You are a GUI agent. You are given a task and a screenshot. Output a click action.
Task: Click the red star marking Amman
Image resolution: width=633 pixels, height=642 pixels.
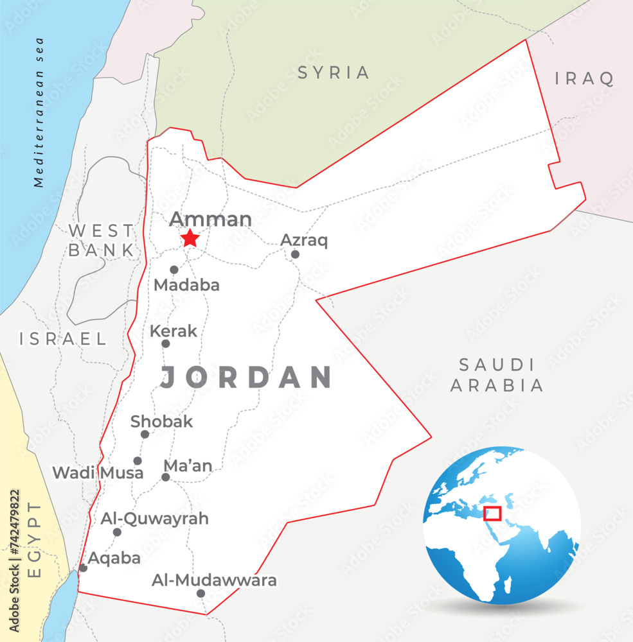click(x=190, y=239)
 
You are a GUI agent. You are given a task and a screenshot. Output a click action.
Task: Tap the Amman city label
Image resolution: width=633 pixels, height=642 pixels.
click(x=210, y=220)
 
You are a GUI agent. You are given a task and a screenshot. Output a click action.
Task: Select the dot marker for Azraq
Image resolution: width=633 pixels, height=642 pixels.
click(x=295, y=254)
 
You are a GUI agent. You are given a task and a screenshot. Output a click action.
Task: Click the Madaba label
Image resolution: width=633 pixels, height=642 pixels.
click(x=186, y=285)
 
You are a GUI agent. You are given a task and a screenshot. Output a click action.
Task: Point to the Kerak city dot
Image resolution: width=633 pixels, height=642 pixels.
click(x=165, y=343)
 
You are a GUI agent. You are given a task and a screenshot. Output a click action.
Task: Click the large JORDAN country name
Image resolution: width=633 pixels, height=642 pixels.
click(x=246, y=377)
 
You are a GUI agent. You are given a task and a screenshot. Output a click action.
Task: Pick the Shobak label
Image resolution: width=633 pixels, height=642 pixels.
click(x=161, y=422)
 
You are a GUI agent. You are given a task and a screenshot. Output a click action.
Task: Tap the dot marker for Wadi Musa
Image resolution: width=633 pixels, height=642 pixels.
click(x=138, y=460)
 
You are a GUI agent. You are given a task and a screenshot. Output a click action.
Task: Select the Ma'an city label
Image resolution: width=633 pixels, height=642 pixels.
click(x=188, y=466)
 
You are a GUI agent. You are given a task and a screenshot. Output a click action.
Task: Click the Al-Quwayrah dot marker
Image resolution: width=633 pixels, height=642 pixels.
click(x=117, y=532)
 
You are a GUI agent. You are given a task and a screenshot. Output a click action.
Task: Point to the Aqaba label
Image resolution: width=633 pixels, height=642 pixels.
click(x=114, y=558)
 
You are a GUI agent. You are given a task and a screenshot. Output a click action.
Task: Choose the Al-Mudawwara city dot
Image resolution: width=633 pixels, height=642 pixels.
click(x=201, y=593)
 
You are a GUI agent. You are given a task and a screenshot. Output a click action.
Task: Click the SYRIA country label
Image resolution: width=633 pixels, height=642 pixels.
click(x=334, y=73)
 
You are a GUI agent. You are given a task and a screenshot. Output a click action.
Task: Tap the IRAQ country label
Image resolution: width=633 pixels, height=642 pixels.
click(x=584, y=79)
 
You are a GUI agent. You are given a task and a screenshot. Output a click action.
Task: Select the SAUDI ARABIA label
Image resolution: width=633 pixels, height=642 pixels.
click(x=497, y=376)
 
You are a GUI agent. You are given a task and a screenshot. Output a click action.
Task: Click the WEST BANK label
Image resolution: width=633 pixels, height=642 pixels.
click(x=102, y=240)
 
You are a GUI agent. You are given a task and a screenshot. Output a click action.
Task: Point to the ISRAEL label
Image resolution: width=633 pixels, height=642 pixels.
click(x=63, y=339)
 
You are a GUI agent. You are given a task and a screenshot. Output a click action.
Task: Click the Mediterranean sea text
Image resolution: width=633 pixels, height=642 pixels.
click(x=40, y=112)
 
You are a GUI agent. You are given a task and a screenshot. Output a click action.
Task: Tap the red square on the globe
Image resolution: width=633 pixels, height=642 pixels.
click(x=492, y=513)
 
